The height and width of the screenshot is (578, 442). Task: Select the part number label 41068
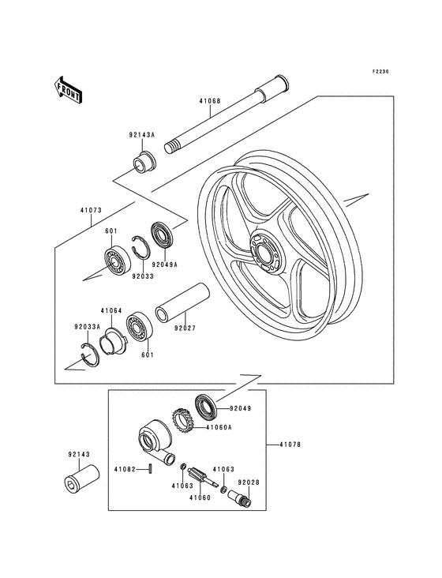point(211,100)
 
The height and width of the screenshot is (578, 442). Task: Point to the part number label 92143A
point(142,135)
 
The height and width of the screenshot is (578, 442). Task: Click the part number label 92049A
point(165,265)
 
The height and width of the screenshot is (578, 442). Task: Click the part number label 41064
point(110,311)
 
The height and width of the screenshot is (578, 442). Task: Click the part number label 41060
point(200,497)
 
